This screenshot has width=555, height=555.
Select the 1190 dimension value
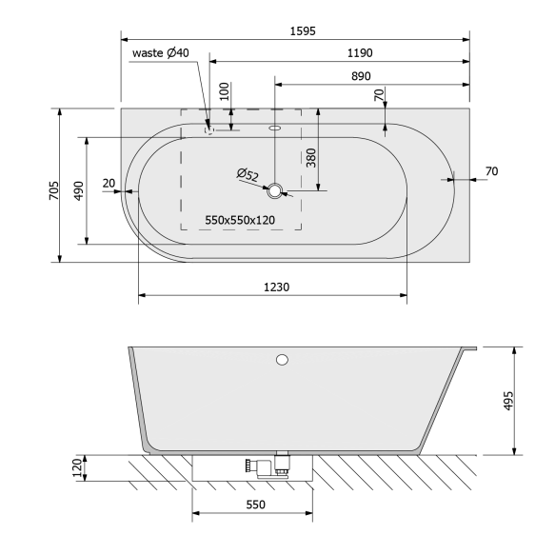point(332,53)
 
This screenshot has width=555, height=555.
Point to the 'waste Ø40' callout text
point(162,53)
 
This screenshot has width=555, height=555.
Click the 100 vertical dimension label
point(225,93)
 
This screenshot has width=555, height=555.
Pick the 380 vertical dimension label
point(311,156)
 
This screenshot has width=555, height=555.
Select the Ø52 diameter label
point(248,174)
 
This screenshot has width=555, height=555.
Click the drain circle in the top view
point(275,191)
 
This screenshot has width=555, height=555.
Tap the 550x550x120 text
point(240,221)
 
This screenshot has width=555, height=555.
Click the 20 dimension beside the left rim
point(108,183)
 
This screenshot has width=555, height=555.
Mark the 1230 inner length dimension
point(275,287)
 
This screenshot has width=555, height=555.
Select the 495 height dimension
point(507,400)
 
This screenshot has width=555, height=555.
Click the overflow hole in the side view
point(281,359)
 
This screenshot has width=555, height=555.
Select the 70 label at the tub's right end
point(491,171)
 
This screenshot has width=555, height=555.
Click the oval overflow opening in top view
point(275,126)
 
